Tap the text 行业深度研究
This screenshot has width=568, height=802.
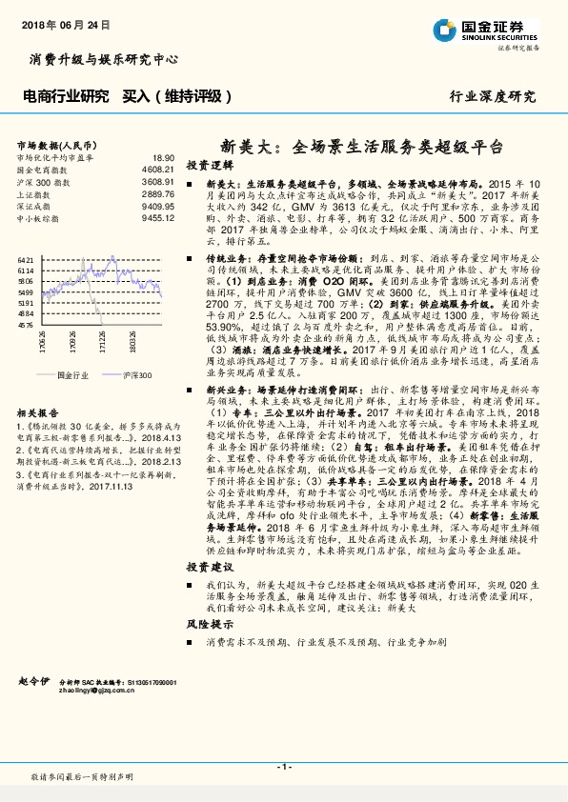[493, 96]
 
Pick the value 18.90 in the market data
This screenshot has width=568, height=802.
[163, 158]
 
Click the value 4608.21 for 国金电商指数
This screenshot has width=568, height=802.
[158, 169]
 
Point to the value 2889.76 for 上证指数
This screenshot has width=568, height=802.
[158, 193]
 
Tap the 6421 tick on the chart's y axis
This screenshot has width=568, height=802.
[26, 258]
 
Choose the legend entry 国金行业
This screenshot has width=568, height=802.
[72, 375]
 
